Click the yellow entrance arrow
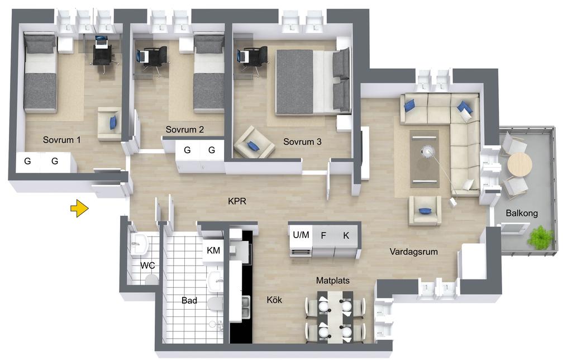point(79,209)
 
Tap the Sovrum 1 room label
point(61,140)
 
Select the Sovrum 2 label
point(184,129)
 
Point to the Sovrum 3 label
point(302,141)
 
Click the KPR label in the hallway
point(237,201)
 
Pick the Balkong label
point(522,213)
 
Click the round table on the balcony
point(520,165)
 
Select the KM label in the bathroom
point(213,250)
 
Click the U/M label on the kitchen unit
point(301,235)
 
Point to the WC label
point(147,266)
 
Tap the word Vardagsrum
point(414,252)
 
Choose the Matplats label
point(333,281)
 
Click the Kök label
point(274,300)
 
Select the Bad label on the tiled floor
point(189,300)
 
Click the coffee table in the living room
point(425,159)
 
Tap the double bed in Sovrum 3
point(313,81)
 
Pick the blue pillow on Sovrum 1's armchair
point(113,122)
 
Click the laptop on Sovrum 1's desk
point(101,40)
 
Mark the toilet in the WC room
point(151,280)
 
